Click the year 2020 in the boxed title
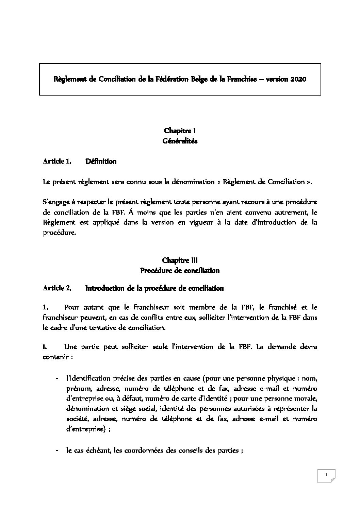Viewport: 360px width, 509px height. pos(298,79)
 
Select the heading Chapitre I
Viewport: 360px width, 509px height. pos(180,131)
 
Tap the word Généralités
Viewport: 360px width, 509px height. pos(180,141)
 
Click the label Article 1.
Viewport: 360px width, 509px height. pos(57,162)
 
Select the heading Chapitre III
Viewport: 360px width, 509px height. pos(180,260)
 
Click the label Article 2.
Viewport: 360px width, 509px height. pos(57,288)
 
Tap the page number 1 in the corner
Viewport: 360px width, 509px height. pos(326,475)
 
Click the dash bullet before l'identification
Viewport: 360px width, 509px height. pos(56,378)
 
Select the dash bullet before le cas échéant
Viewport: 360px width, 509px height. pos(56,451)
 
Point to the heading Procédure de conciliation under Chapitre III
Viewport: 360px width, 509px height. pos(180,271)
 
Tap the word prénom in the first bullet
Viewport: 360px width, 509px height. pos(77,388)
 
